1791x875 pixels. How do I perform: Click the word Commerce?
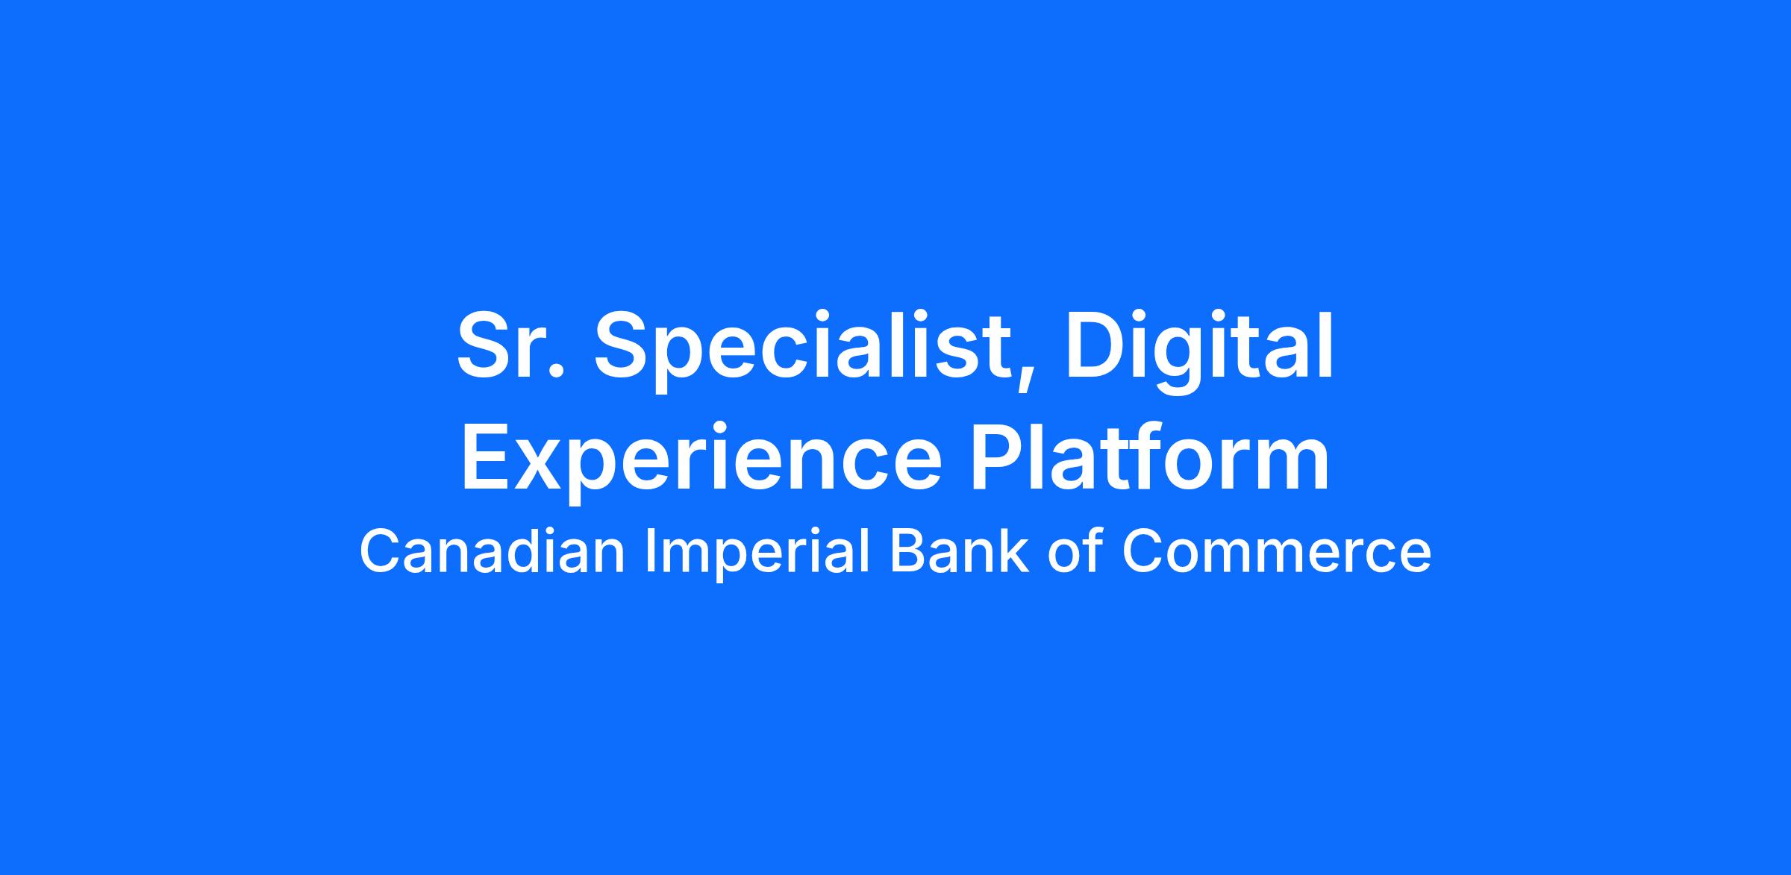(1277, 552)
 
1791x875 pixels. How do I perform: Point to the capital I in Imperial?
(649, 551)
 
